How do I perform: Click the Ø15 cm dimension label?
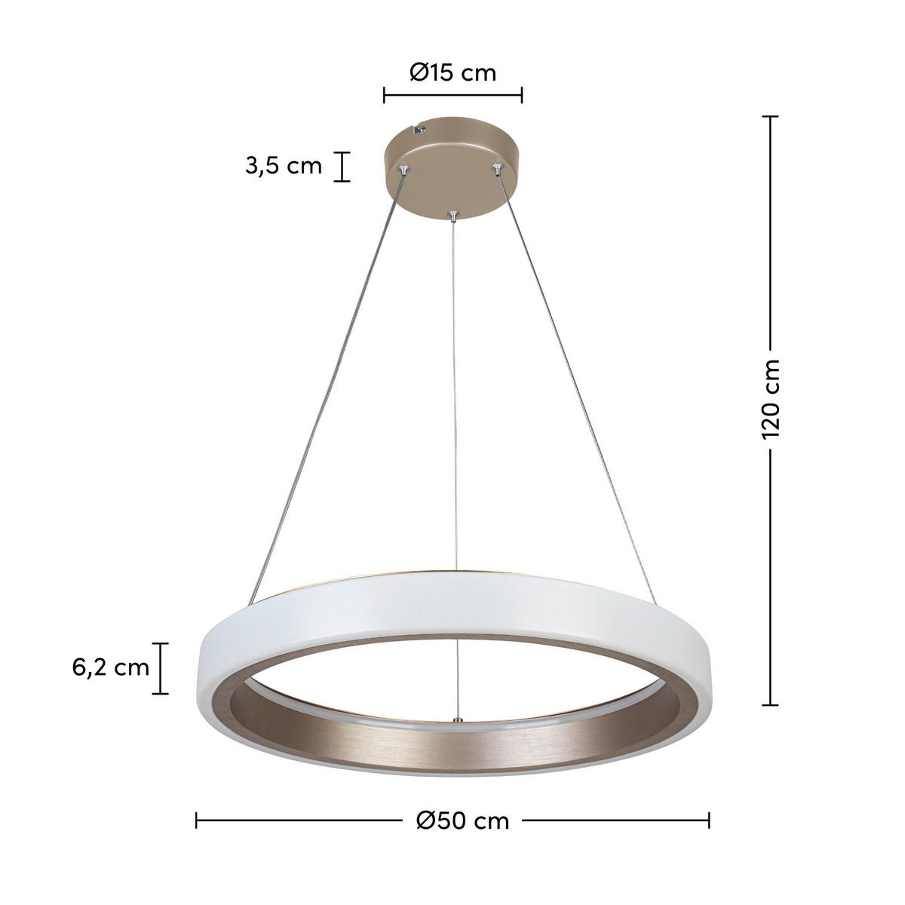click(452, 72)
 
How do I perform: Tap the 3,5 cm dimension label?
click(284, 166)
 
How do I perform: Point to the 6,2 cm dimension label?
click(112, 667)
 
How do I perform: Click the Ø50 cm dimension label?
click(462, 799)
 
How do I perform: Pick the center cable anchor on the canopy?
click(452, 216)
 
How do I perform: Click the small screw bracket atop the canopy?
click(419, 130)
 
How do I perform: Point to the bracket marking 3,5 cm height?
click(342, 167)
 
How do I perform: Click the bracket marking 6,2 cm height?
click(161, 668)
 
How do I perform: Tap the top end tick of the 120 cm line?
click(769, 117)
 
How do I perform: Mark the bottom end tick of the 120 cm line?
click(769, 705)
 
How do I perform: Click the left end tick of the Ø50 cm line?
click(197, 799)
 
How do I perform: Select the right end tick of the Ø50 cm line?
click(708, 799)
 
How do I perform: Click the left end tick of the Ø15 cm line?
click(385, 95)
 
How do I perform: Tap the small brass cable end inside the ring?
click(455, 720)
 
